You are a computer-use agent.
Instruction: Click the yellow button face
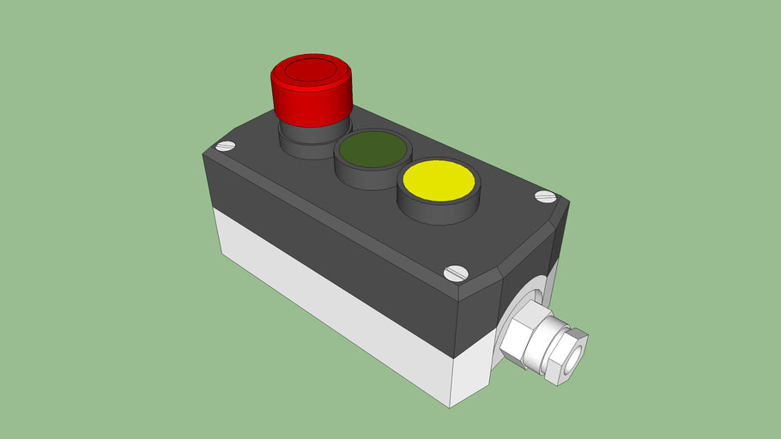tap(438, 180)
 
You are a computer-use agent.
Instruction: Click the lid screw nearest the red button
tap(226, 147)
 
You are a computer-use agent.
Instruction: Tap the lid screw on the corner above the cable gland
tap(545, 196)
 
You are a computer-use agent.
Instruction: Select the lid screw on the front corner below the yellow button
tap(455, 274)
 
